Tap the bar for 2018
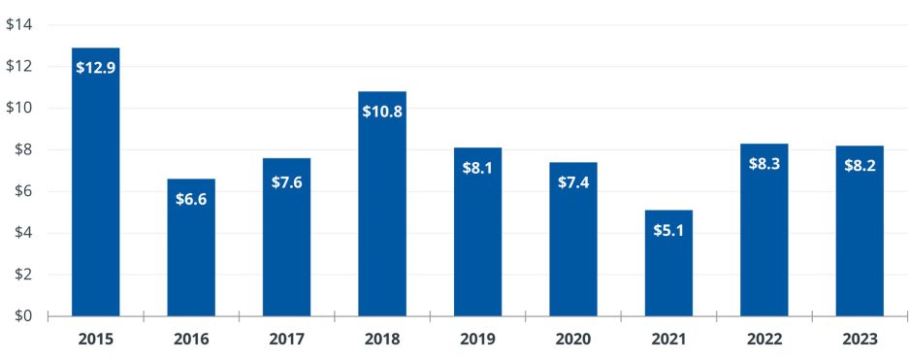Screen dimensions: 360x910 (x=382, y=213)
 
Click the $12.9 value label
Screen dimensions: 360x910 (x=96, y=68)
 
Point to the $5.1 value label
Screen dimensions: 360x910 (x=668, y=230)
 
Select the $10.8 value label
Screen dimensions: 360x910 (x=382, y=111)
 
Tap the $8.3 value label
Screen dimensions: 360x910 (x=764, y=163)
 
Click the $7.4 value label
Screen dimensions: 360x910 (x=573, y=182)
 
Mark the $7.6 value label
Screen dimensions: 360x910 (x=287, y=182)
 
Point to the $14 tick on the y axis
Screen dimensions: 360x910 (x=19, y=25)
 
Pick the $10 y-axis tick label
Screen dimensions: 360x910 (x=19, y=108)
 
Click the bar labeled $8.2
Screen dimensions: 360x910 (x=860, y=243)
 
